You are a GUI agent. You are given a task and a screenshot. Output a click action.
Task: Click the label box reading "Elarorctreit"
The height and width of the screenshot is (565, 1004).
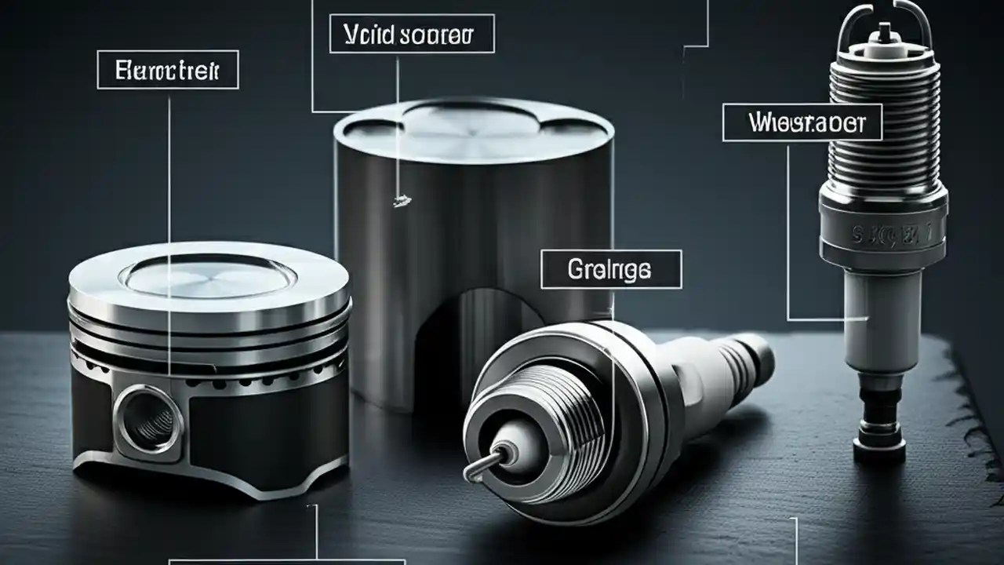coord(166,71)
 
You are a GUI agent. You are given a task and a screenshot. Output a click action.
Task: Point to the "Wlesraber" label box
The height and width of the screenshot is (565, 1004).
coord(802,123)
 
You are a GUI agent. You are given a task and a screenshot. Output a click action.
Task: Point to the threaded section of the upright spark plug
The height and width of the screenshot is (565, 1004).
coord(882,126)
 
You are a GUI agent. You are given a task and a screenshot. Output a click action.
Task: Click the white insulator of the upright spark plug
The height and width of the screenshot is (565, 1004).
coord(883,314)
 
